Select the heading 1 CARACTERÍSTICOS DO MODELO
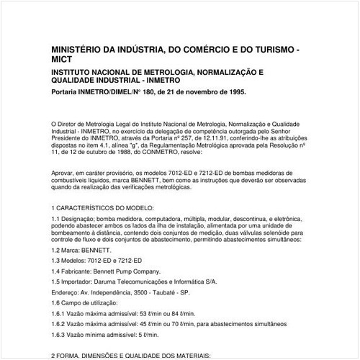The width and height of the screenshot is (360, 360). [x=109, y=207]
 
